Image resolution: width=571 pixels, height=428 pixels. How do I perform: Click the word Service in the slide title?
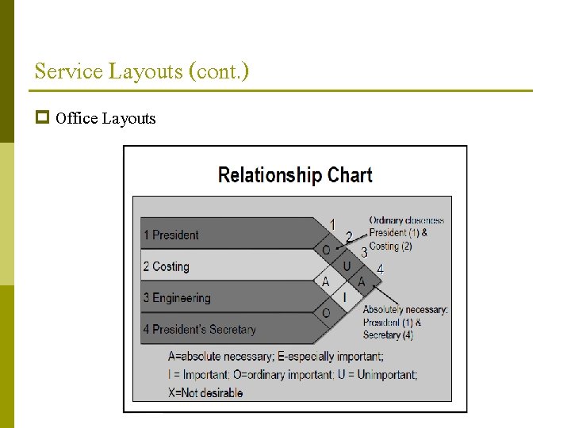(69, 71)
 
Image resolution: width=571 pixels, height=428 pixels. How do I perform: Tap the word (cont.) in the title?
(219, 71)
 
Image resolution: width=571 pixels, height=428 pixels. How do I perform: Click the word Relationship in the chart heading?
(270, 175)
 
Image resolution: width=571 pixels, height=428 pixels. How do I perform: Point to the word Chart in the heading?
(349, 175)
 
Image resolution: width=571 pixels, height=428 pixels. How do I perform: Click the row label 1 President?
(171, 235)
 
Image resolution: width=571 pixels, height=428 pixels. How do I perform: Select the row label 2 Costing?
(167, 266)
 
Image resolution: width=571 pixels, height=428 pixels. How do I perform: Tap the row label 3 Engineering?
(177, 298)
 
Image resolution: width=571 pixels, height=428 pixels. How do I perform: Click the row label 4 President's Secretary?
(199, 329)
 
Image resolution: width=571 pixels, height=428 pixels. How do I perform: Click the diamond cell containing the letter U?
(347, 266)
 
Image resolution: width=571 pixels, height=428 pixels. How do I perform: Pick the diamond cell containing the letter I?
(344, 297)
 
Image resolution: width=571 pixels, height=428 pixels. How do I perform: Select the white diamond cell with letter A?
(325, 281)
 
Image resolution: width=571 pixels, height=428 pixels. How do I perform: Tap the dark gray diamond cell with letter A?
(362, 281)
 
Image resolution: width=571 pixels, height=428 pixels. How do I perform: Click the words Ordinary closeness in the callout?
(407, 220)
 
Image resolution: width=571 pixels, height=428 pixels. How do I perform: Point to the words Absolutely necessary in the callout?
(405, 310)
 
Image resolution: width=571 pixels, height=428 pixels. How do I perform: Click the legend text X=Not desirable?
(206, 392)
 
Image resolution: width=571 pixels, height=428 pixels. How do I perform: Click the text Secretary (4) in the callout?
(388, 335)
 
